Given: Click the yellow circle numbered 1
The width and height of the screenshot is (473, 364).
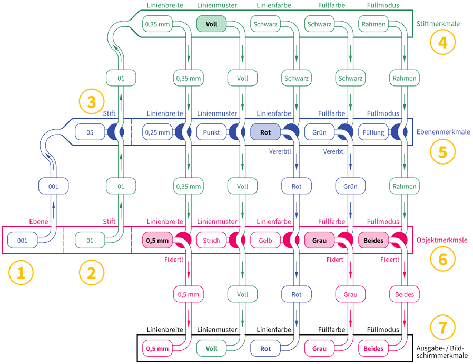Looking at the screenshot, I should pyautogui.click(x=21, y=273).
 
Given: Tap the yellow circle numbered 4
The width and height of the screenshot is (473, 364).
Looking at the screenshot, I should pyautogui.click(x=442, y=42).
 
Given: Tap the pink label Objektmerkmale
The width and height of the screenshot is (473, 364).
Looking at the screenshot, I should pyautogui.click(x=442, y=240).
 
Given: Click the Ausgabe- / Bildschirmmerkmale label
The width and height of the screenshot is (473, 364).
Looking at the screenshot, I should pyautogui.click(x=442, y=352).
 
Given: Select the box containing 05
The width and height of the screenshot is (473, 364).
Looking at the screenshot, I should pyautogui.click(x=90, y=132).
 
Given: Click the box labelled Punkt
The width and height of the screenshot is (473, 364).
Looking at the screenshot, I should pyautogui.click(x=211, y=132).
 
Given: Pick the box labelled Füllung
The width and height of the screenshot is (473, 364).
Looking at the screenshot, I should pyautogui.click(x=373, y=132).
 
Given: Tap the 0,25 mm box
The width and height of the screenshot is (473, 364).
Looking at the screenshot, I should pyautogui.click(x=157, y=132).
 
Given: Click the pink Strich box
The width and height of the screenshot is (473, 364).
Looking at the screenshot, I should pyautogui.click(x=211, y=241).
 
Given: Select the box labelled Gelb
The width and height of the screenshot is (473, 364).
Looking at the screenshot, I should pyautogui.click(x=265, y=241).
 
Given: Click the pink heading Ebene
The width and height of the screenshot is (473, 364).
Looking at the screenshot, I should pyautogui.click(x=37, y=222).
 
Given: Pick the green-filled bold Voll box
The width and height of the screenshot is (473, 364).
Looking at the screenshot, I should pyautogui.click(x=211, y=24).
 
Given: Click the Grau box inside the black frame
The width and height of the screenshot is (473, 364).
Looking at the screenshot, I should pyautogui.click(x=320, y=348).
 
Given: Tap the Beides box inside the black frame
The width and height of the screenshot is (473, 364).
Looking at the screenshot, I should pyautogui.click(x=373, y=348).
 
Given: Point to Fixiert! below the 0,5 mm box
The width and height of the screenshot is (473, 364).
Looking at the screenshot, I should pyautogui.click(x=174, y=260).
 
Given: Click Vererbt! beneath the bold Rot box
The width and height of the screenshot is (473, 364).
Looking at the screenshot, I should pyautogui.click(x=280, y=151).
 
